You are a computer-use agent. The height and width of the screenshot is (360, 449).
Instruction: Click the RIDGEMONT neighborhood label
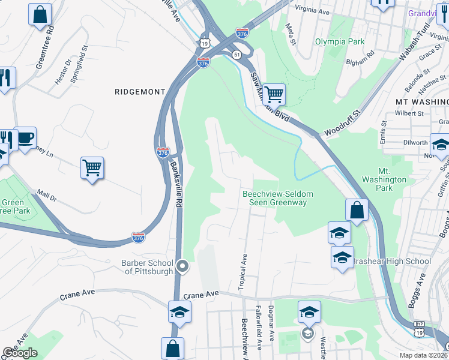140,92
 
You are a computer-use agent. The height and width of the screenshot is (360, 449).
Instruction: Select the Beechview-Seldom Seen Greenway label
274,198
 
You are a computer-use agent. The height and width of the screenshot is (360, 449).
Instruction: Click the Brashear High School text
391,261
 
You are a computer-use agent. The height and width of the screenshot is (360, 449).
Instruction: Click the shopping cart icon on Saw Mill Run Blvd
274,94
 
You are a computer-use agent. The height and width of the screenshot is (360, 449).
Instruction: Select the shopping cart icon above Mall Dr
92,168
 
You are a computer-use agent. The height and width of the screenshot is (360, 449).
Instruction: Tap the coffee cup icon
25,138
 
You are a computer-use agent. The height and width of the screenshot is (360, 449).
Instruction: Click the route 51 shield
238,55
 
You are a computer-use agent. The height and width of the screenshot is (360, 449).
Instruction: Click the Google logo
20,353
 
